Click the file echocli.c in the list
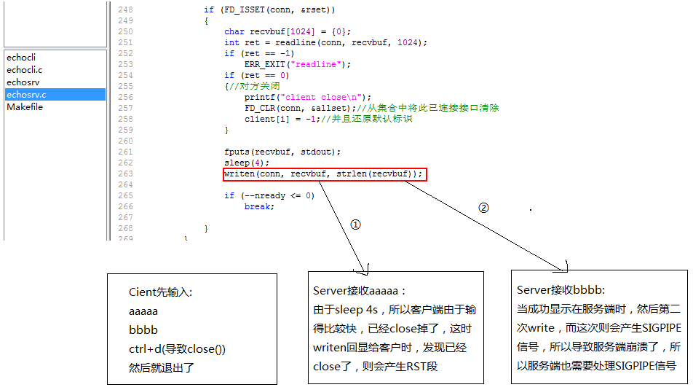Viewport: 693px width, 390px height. (25, 69)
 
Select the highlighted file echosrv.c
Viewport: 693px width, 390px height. (26, 95)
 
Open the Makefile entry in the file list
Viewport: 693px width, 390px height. (25, 107)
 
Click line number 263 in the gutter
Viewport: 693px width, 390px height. (124, 174)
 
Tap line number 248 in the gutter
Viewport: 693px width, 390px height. (124, 9)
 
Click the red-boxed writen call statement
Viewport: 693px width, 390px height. (323, 174)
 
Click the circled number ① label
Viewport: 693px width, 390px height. (355, 225)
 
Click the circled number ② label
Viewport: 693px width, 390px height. (483, 207)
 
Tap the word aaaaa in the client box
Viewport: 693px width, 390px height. (143, 311)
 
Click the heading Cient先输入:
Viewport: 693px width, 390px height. (160, 292)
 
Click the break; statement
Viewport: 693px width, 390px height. (259, 207)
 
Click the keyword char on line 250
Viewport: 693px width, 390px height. (234, 31)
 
